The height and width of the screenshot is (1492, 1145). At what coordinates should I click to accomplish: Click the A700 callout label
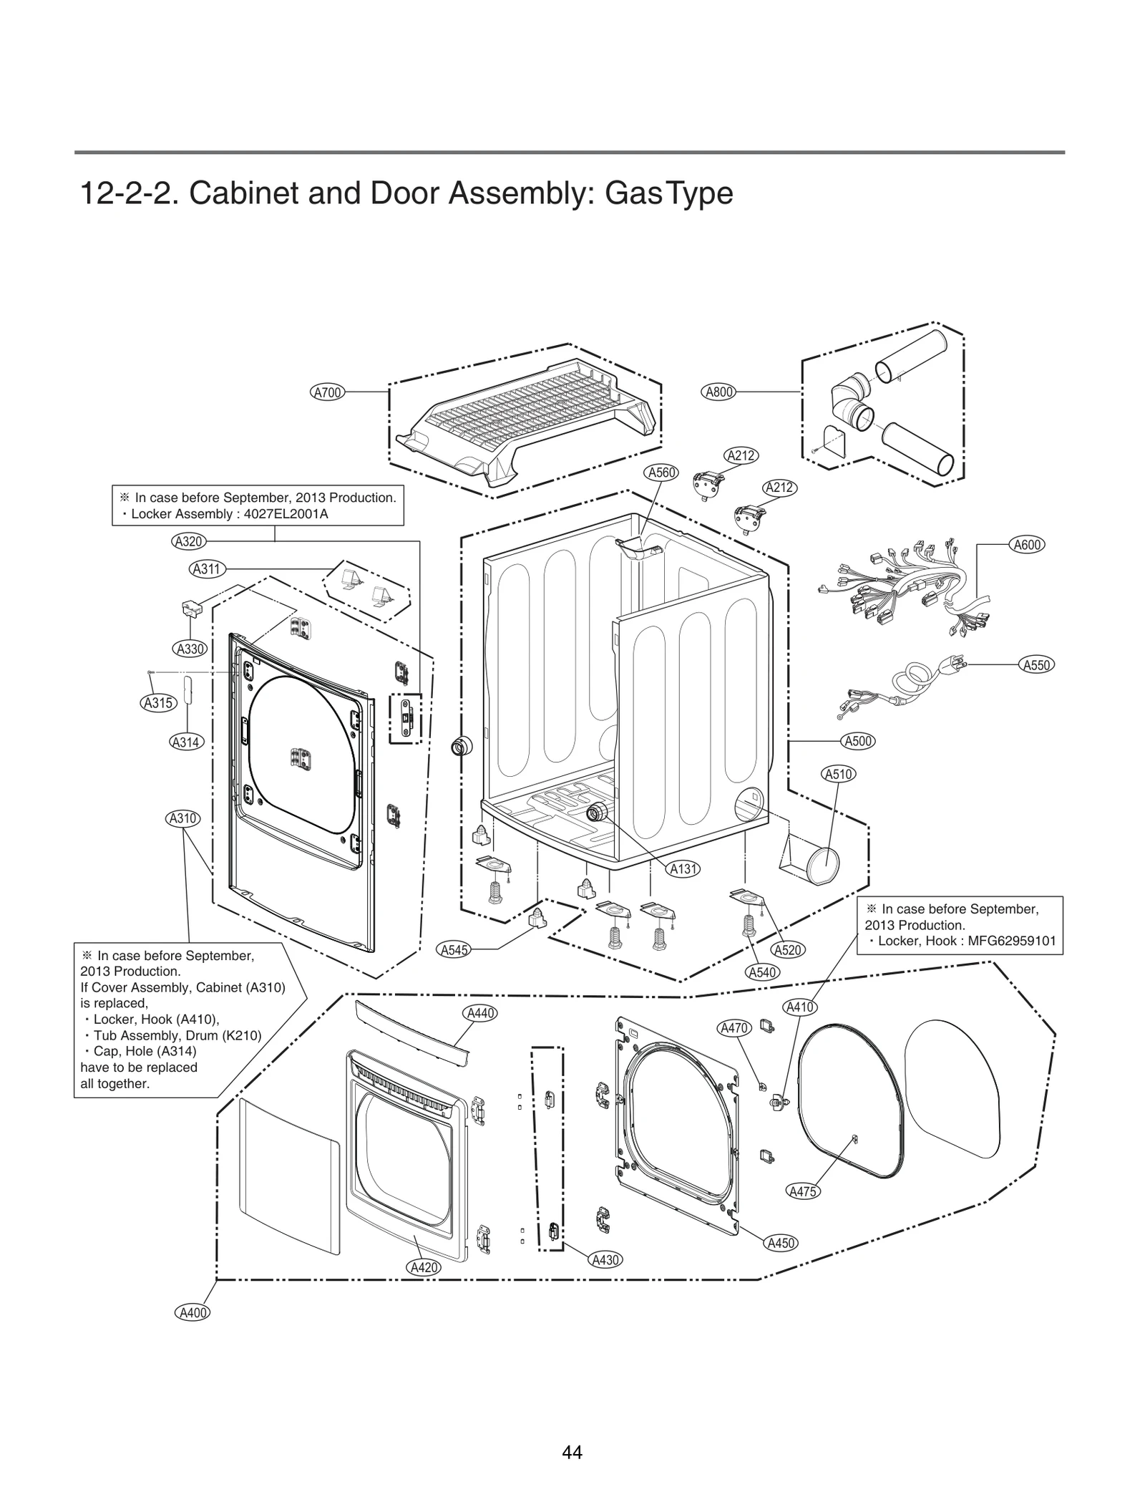click(328, 392)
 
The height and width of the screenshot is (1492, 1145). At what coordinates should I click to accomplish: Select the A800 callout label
click(719, 392)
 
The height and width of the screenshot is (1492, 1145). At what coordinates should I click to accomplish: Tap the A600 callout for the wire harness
click(1028, 545)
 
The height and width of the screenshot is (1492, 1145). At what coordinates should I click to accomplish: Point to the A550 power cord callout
click(1036, 665)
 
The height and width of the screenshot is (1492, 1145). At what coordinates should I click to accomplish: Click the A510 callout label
click(839, 774)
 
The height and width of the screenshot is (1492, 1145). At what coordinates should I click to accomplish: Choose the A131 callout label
click(683, 869)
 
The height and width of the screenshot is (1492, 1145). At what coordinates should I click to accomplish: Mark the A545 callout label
click(454, 950)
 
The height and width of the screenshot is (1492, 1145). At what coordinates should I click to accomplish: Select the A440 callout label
click(481, 1013)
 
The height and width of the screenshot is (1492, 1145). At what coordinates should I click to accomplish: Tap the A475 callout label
click(803, 1192)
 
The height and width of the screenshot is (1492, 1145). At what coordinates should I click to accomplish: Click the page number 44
click(572, 1453)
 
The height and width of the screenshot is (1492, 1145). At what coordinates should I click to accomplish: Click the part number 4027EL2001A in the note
click(286, 514)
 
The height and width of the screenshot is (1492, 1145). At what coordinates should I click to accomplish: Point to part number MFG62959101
click(1012, 941)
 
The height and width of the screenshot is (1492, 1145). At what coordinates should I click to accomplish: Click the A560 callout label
click(662, 473)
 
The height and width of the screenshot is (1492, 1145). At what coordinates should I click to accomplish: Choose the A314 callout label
click(185, 742)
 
